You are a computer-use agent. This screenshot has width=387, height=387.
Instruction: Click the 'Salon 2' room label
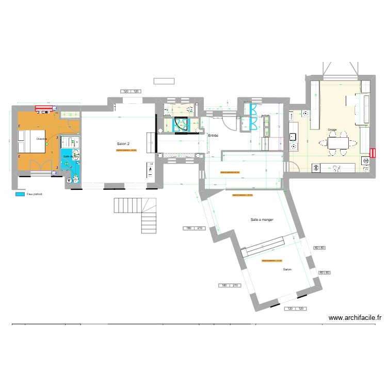tap(123, 143)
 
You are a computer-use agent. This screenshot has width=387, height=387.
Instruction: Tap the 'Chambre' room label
tap(42, 139)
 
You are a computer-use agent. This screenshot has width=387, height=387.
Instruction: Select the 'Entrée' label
tap(213, 136)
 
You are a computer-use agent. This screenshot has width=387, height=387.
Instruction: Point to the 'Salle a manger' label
tap(262, 220)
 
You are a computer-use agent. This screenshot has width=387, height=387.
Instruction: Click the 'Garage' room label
tap(332, 130)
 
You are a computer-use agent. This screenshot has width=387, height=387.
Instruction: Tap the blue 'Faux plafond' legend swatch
tap(20, 195)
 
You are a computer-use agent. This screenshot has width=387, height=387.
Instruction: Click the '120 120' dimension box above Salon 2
tap(131, 91)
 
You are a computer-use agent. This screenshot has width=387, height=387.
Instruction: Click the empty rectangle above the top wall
tap(164, 81)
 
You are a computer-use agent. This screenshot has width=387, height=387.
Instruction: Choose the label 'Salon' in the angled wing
tap(287, 269)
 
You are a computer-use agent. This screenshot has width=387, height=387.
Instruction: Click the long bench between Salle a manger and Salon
tap(264, 246)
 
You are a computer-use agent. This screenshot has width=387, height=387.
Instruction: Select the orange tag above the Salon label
tap(272, 261)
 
